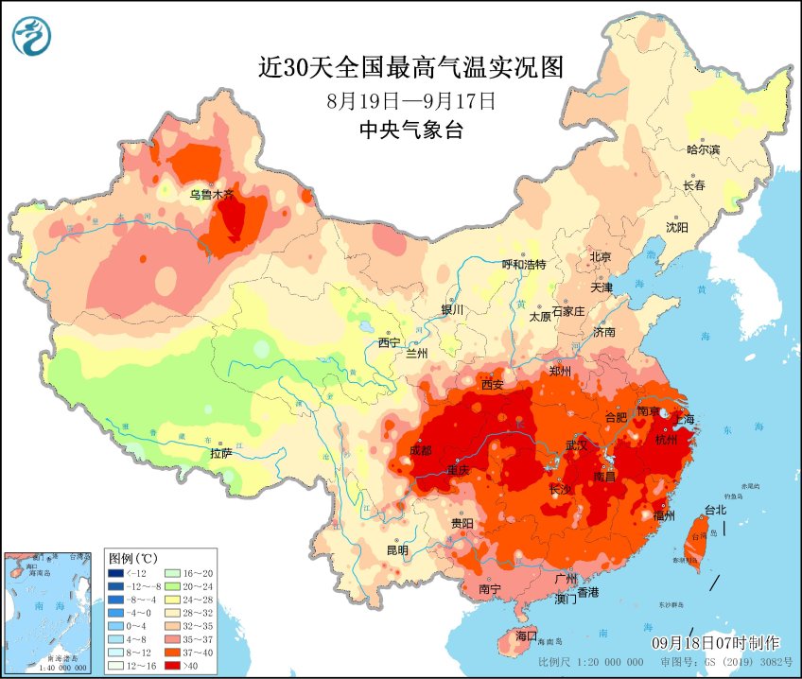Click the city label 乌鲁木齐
(x=211, y=194)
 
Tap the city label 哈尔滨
(x=703, y=149)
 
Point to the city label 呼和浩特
(x=523, y=265)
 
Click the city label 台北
(x=715, y=510)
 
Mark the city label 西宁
(x=390, y=342)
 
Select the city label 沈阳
(x=676, y=227)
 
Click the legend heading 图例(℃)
(x=133, y=557)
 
